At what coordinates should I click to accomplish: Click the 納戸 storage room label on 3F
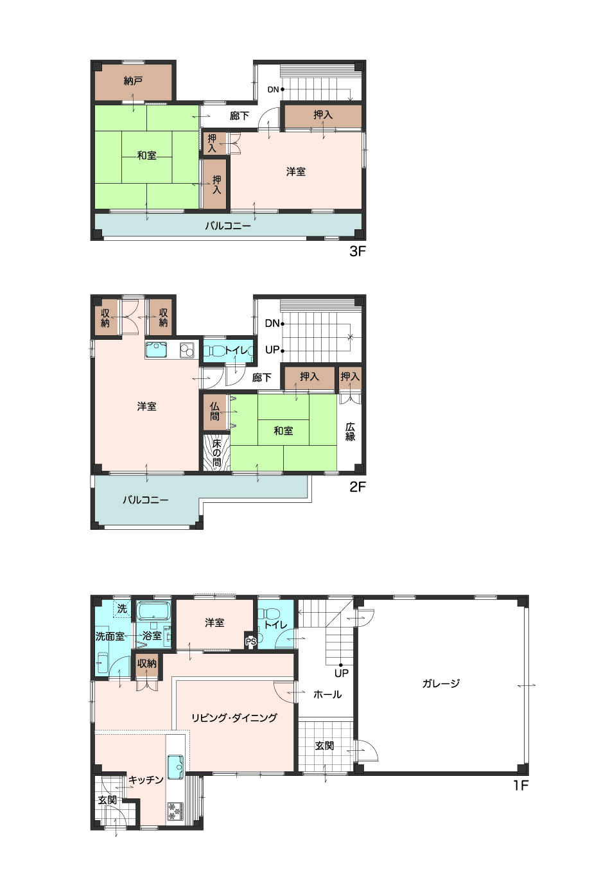point(133,81)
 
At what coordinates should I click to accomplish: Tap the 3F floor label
point(357,251)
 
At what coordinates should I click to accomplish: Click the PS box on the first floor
point(250,641)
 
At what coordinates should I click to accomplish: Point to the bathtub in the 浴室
point(153,611)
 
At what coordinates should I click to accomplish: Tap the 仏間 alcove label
point(214,412)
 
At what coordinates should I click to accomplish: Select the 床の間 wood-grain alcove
point(216,453)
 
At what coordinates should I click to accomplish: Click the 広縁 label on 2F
point(350,432)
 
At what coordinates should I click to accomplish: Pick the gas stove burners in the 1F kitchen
point(175,811)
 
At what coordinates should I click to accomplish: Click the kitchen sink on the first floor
point(175,767)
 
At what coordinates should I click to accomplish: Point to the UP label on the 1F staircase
point(342,672)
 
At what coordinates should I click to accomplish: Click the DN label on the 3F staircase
point(273,89)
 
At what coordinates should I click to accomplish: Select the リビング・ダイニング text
point(234,717)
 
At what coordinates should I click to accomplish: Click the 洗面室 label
point(110,637)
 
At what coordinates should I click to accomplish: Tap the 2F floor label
point(357,487)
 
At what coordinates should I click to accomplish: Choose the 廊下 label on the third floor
point(239,116)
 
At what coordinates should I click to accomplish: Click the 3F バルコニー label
point(228,226)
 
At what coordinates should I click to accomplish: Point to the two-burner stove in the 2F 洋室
point(186,351)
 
